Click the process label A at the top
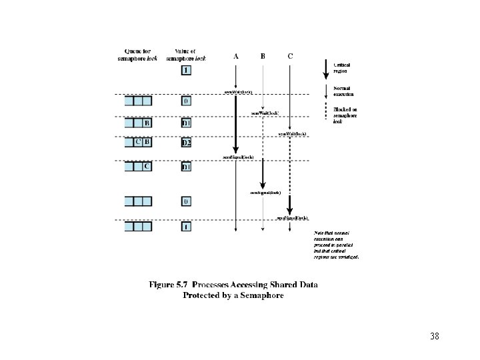[235, 56]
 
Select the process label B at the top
[263, 56]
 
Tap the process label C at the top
[289, 56]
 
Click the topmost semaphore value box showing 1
[187, 70]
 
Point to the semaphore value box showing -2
[187, 143]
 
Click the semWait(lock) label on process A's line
[238, 91]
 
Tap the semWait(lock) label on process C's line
[292, 134]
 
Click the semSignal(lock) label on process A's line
[238, 157]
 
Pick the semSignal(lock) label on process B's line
[265, 192]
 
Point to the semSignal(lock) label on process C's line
[292, 217]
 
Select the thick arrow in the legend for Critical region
[325, 67]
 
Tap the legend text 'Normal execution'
[343, 91]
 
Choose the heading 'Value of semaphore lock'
[186, 55]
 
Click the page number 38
[435, 336]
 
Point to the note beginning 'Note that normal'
[337, 244]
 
